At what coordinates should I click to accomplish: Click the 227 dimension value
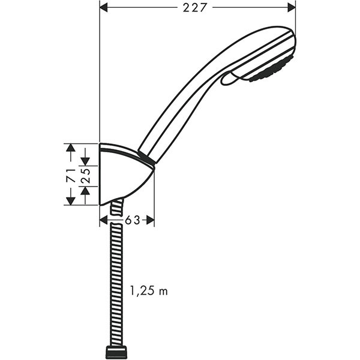(197, 7)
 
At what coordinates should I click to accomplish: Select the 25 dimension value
(85, 175)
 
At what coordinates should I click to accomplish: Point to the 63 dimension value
(133, 220)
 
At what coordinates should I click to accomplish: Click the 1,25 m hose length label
(149, 292)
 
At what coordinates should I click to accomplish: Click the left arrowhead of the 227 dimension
(103, 7)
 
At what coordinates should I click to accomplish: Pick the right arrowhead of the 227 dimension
(292, 7)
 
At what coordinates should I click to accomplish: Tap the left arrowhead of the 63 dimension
(104, 220)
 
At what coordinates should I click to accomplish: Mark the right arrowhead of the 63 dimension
(151, 220)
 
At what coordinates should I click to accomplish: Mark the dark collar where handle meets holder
(147, 159)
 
